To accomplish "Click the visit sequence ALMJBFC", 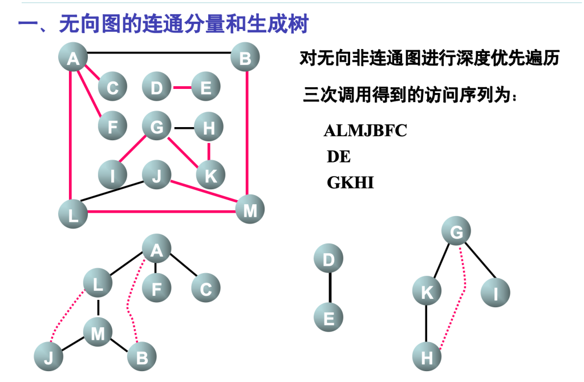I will click(365, 131).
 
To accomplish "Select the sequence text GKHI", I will click(350, 182).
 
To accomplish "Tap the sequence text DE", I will click(338, 157).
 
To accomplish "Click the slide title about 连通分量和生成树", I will click(163, 24).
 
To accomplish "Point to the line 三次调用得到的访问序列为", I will click(411, 95).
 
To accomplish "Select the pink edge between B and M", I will click(247, 134).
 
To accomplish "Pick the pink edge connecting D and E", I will click(181, 88).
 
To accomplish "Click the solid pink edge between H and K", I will click(209, 151).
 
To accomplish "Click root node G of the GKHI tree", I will click(457, 232).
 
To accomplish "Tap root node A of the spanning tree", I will click(156, 249).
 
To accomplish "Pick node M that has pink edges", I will click(250, 211).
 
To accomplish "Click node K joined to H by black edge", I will click(427, 292).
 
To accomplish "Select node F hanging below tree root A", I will click(156, 288).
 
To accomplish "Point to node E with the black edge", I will click(329, 318).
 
